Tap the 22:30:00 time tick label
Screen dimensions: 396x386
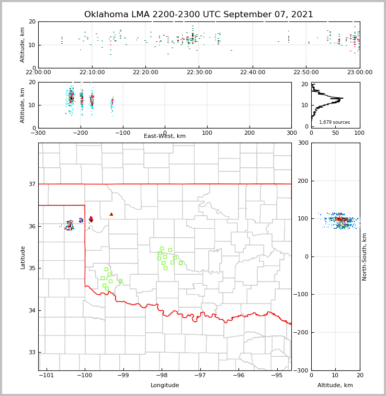(x=199, y=73)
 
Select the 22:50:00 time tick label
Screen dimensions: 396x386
(x=306, y=73)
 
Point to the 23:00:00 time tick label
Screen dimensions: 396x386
(x=359, y=73)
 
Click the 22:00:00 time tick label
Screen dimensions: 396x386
(x=38, y=73)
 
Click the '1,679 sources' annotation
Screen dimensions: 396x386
(x=334, y=122)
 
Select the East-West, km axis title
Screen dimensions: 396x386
(x=165, y=136)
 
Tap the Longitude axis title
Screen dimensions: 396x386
(x=165, y=386)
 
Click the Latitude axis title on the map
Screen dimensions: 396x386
(x=22, y=257)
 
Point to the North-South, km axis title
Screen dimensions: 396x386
(x=365, y=257)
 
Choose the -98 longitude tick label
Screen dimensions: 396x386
(x=161, y=376)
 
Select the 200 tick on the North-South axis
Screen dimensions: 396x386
(x=302, y=181)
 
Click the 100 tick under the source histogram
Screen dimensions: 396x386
(x=359, y=133)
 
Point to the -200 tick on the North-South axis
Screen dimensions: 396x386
(x=301, y=333)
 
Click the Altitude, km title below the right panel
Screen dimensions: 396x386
(x=335, y=386)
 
